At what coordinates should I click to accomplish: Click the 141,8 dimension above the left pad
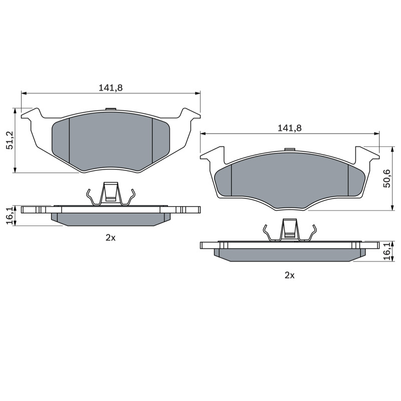tap(111, 88)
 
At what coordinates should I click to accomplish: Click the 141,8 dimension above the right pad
tap(290, 128)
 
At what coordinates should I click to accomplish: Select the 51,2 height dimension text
tap(10, 140)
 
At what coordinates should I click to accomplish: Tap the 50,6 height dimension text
tap(386, 178)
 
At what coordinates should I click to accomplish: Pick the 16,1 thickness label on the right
tap(386, 252)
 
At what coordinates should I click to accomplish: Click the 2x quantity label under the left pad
tap(110, 238)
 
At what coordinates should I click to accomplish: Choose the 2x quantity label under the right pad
tap(290, 275)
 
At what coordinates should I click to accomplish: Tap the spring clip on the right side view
tap(290, 230)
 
